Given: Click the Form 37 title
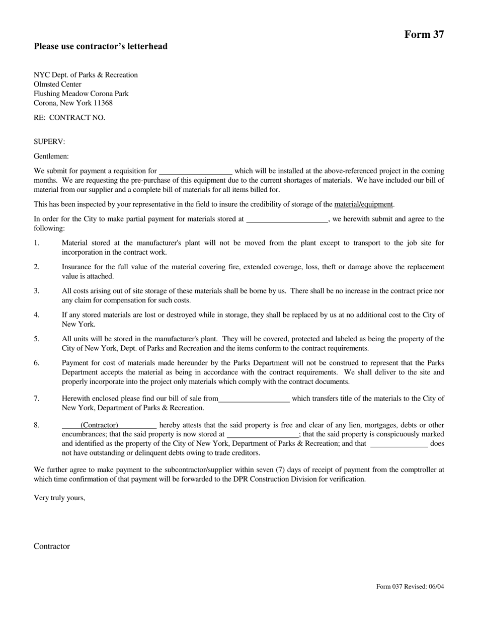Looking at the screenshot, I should pos(424,34).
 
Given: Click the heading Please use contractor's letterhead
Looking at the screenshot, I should pos(101,46).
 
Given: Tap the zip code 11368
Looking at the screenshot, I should pos(102,103).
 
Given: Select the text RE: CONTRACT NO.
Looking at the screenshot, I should pos(69,118).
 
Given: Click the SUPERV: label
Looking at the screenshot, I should pos(49,142).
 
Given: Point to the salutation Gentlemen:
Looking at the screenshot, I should pos(51,157).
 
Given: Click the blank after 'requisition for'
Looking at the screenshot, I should pos(195,171).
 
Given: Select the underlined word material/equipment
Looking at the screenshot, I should pos(363,204).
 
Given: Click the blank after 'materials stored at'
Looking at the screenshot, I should pos(287,219).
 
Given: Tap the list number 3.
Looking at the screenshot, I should pos(37,291).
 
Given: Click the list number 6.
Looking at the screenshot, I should pos(37,363).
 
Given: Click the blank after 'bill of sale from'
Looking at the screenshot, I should pos(254,399).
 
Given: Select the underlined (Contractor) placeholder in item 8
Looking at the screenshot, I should pos(99,425).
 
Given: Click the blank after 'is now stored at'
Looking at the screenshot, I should pos(263,434).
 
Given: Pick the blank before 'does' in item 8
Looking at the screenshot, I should pos(399,444).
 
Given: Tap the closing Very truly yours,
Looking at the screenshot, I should pos(59,498).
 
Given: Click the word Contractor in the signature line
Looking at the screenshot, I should pos(52,547).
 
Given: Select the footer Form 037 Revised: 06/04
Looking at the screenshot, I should pos(410,586).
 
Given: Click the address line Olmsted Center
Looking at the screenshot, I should pos(57,85).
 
